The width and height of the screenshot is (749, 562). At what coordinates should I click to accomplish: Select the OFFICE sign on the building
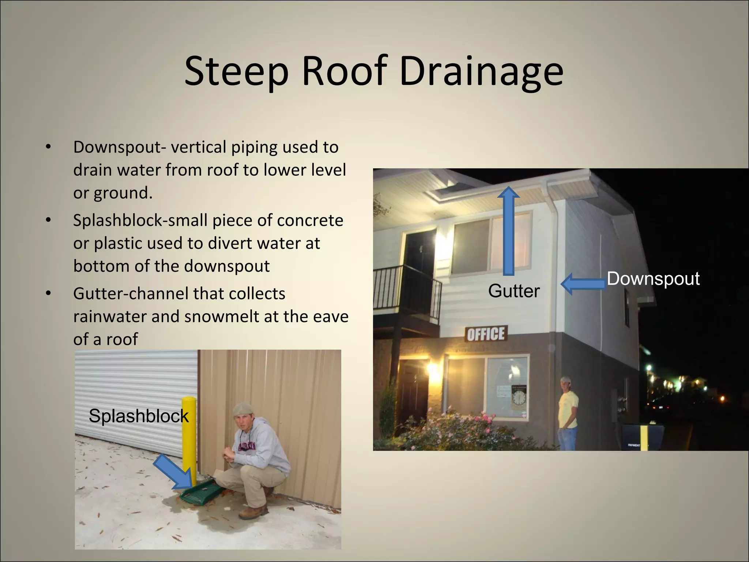(486, 334)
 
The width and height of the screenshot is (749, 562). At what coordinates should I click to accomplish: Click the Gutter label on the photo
(514, 291)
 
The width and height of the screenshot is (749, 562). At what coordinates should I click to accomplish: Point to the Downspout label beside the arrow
(653, 279)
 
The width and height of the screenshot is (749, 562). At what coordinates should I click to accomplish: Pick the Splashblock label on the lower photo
(139, 416)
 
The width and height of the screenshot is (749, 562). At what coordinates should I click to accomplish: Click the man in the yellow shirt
(568, 413)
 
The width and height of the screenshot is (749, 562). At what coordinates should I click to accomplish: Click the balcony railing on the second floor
(406, 289)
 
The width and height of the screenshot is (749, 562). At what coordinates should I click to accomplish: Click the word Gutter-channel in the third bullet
(126, 293)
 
